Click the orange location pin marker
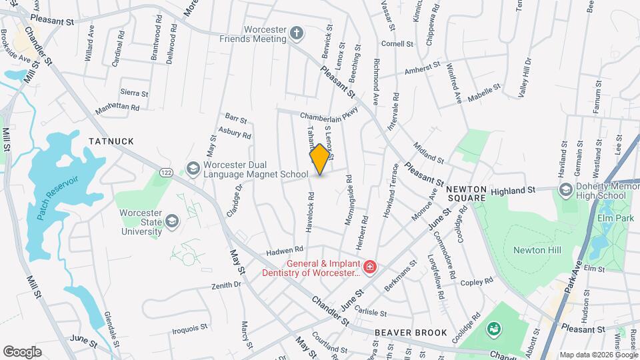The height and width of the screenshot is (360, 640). click(320, 159)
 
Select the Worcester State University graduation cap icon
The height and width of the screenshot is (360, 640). click(173, 220)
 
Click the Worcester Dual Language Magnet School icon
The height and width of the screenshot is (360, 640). click(193, 169)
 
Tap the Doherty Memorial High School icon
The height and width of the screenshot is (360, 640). click(565, 191)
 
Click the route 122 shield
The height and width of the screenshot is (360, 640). click(166, 173)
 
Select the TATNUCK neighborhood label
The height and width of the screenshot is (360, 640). click(111, 141)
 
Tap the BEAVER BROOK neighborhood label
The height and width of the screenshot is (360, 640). click(400, 331)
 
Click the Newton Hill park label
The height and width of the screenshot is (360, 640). click(537, 250)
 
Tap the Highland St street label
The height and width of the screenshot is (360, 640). click(513, 191)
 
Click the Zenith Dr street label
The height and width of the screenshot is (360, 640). click(226, 285)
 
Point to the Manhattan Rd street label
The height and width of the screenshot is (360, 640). click(117, 107)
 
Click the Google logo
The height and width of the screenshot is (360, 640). click(22, 351)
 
